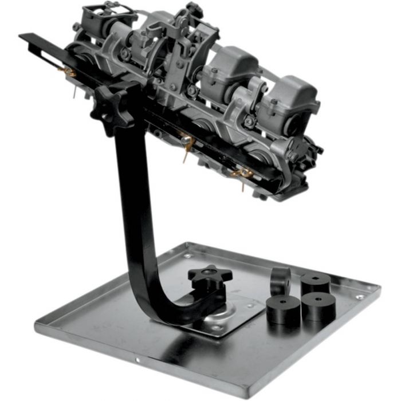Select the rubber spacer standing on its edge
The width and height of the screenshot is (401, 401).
(281, 281)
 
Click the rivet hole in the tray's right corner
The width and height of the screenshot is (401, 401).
(359, 297)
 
